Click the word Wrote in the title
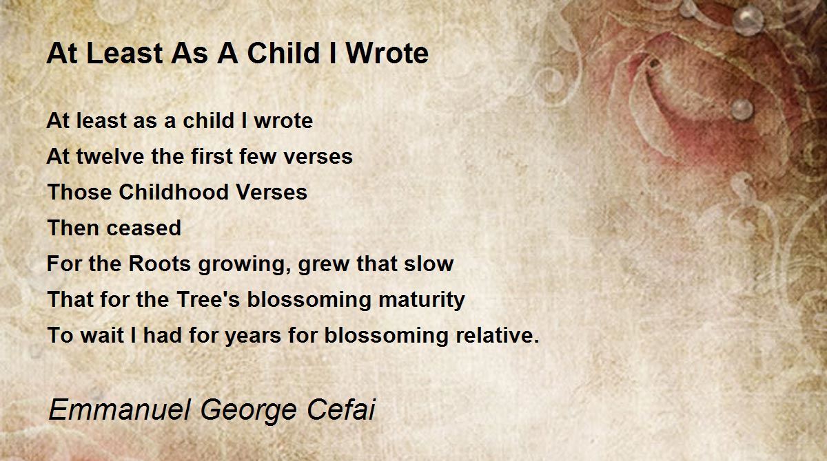tap(387, 54)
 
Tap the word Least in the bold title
tap(125, 54)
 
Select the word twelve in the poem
tap(110, 156)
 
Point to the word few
tap(258, 156)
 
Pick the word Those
tap(79, 192)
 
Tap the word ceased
tap(143, 228)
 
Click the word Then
tap(74, 228)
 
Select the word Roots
tap(159, 264)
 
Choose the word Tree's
tap(208, 299)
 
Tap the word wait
tap(102, 335)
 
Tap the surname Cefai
tap(341, 409)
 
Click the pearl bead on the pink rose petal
tap(742, 109)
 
